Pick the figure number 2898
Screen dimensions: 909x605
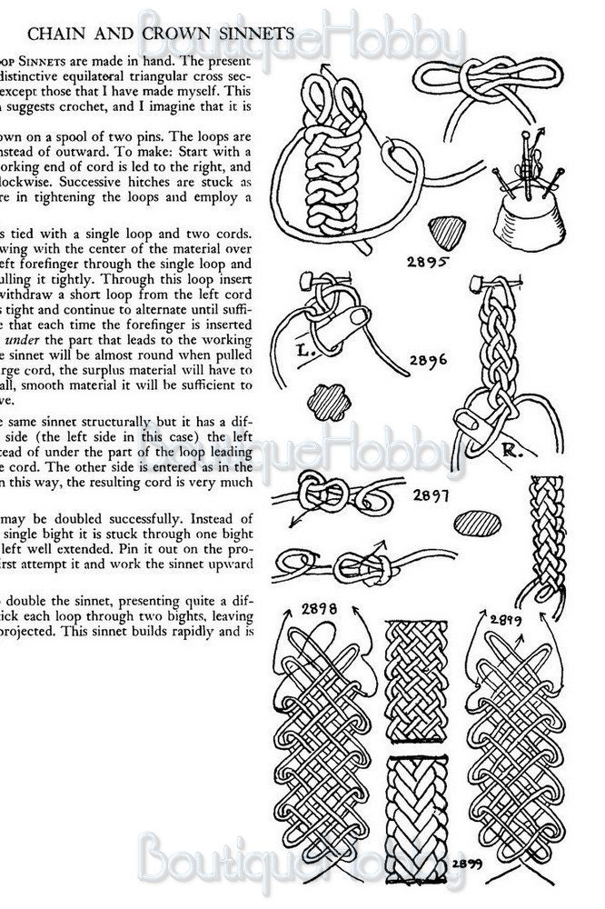pos(318,608)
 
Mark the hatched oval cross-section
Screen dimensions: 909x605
pos(476,524)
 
